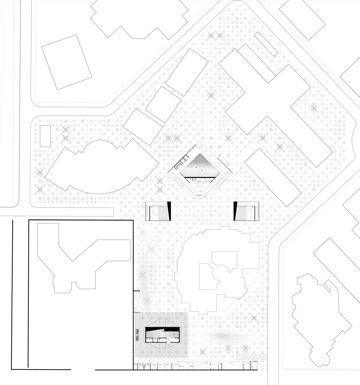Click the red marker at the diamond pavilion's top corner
(202, 146)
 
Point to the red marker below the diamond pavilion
(205, 198)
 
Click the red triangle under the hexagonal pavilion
(168, 346)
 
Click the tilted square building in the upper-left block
(67, 62)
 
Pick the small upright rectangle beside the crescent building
(45, 136)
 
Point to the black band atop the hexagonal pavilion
(162, 329)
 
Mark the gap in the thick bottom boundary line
(83, 370)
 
